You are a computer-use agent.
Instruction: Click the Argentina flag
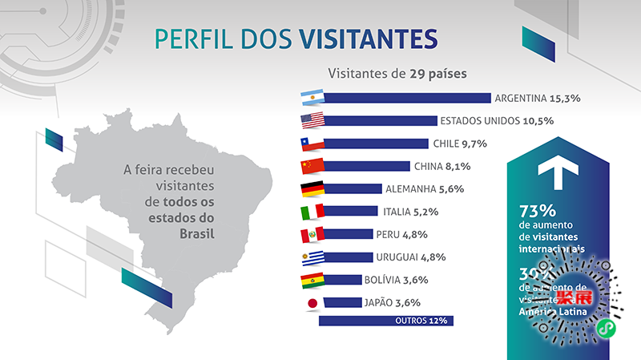tap(311, 99)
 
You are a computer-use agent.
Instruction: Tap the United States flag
tap(311, 121)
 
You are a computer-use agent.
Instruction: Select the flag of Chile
tap(311, 144)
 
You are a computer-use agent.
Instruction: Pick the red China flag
tap(311, 167)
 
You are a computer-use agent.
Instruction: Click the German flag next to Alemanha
tap(311, 189)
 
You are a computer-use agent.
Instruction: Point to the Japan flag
tap(311, 303)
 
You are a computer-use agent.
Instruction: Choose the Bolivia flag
tap(311, 281)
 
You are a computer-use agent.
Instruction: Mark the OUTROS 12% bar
tap(386, 321)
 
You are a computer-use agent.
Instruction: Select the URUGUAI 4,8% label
tap(410, 257)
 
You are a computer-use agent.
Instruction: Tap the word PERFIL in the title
tap(191, 39)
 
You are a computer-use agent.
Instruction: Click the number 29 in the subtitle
tap(417, 73)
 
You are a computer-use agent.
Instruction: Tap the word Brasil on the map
tap(200, 233)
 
